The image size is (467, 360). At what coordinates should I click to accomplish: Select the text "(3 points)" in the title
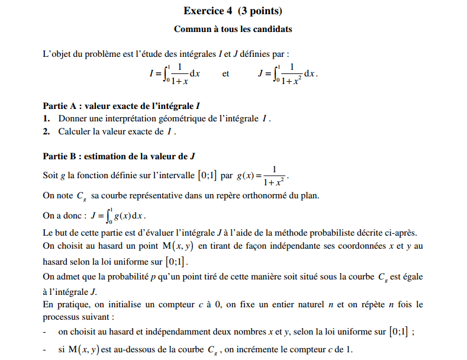(260, 11)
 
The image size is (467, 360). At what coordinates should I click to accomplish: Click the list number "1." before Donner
(46, 119)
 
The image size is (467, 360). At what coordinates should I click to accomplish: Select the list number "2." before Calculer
(46, 131)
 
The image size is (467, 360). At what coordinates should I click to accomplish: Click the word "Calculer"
(75, 131)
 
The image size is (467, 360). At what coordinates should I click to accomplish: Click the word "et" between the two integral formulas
(226, 74)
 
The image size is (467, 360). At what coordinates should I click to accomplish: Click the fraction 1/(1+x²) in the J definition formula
(292, 75)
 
